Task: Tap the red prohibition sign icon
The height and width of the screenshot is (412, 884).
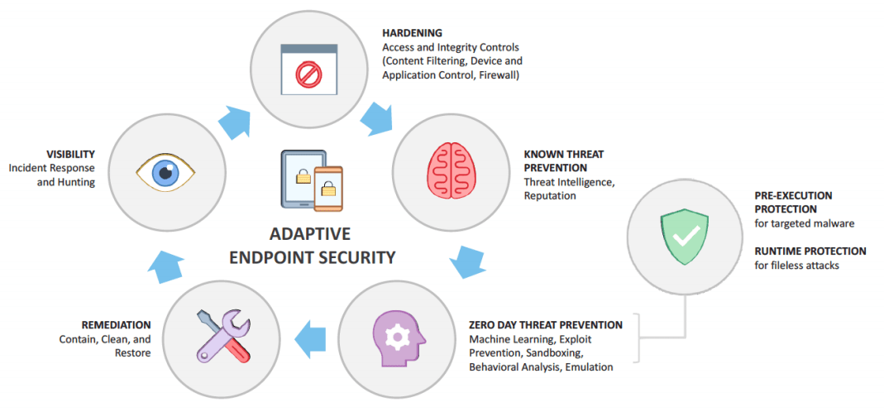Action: (307, 75)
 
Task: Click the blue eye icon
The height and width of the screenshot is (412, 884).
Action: (165, 172)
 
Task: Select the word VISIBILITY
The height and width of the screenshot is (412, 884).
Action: (70, 154)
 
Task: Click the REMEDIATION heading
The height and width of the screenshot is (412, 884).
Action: (116, 325)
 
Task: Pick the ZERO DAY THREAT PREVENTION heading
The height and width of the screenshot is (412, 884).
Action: (545, 325)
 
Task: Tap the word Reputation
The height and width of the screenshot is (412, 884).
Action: (550, 196)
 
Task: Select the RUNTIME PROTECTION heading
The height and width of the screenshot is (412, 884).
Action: (810, 251)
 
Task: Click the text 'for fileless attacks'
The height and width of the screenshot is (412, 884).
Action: (796, 265)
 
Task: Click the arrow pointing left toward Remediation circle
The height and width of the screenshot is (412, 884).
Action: (311, 338)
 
